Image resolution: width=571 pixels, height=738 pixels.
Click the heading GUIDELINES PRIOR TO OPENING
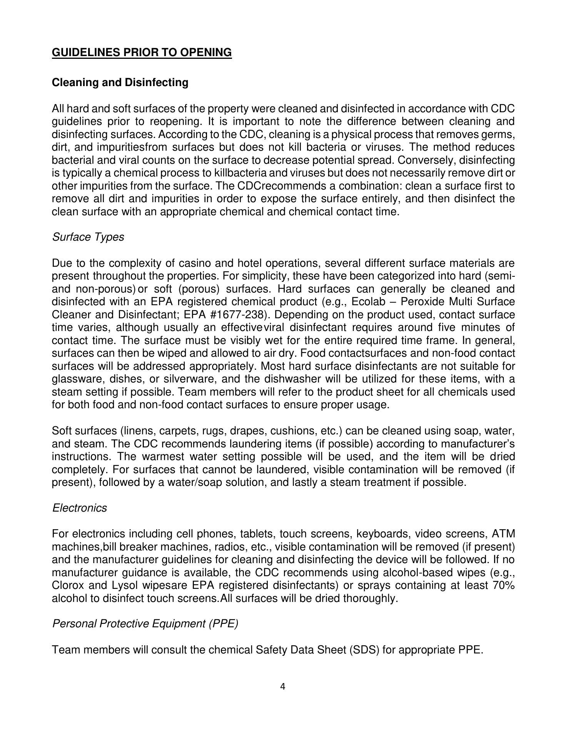[x=142, y=52]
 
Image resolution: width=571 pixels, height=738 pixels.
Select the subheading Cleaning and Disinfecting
[x=120, y=83]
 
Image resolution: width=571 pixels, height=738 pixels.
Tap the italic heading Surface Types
[x=88, y=237]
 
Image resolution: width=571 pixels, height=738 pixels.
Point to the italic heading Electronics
[x=79, y=508]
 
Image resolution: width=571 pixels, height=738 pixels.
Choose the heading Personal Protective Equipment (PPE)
[x=145, y=624]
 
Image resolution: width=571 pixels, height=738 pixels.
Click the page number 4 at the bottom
[x=283, y=687]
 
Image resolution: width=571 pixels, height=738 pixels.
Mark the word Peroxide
[x=420, y=302]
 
